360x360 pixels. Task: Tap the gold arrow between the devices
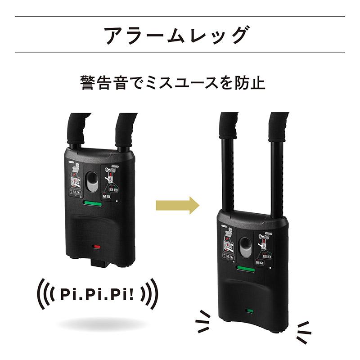pyautogui.click(x=177, y=205)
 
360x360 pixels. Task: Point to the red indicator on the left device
pyautogui.click(x=96, y=247)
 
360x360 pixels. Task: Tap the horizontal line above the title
pyautogui.click(x=180, y=17)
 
